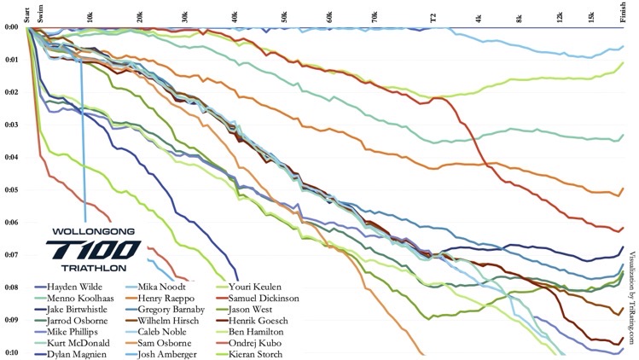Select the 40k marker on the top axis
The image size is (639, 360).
235,17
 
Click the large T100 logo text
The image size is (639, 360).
95,249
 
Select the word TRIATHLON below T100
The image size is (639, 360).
95,267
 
